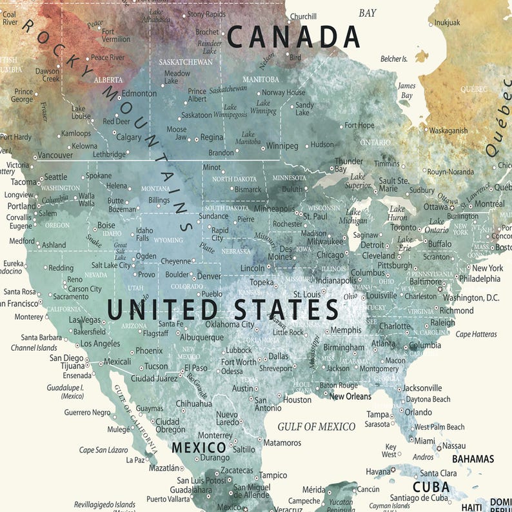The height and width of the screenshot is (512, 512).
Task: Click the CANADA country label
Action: [x=293, y=36]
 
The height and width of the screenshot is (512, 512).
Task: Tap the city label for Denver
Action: [x=208, y=275]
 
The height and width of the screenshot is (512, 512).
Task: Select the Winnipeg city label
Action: [x=282, y=146]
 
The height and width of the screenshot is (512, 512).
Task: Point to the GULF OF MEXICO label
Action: [x=316, y=426]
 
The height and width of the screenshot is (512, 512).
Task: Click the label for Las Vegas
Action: [x=84, y=320]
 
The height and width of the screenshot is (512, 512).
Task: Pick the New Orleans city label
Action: [x=350, y=397]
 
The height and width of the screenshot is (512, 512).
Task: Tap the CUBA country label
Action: [x=431, y=487]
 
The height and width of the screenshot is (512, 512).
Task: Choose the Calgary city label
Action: [x=129, y=137]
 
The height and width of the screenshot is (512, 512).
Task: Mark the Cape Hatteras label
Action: [x=476, y=334]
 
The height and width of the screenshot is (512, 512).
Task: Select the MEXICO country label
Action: [x=199, y=447]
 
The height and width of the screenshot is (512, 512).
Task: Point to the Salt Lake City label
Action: [x=111, y=265]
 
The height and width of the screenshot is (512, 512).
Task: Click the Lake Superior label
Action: [x=358, y=181]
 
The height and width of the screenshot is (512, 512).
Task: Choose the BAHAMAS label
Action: [x=473, y=459]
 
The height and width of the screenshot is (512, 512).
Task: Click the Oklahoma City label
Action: [x=230, y=324]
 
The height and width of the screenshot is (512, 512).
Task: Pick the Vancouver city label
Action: [x=55, y=155]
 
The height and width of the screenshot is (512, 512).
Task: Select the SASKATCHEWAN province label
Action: [x=186, y=62]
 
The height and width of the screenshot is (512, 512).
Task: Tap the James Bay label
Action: [x=406, y=90]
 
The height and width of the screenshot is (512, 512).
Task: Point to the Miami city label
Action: [x=424, y=441]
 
